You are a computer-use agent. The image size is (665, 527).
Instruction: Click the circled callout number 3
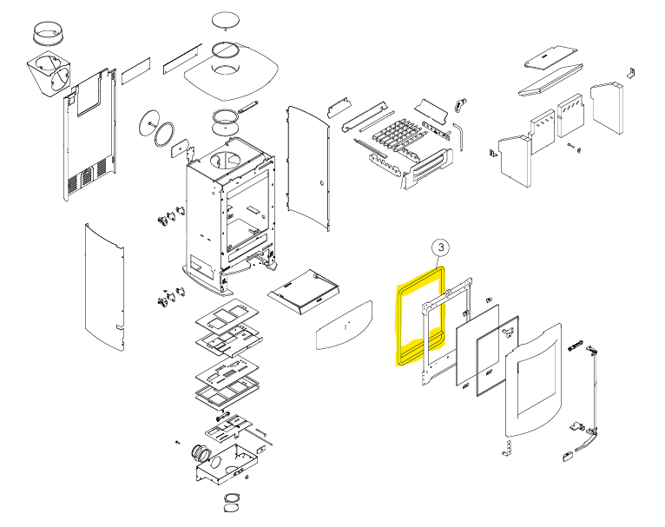point(440,248)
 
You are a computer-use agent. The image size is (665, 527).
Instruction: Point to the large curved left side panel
point(103,287)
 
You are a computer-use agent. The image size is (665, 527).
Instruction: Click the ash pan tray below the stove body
point(303,290)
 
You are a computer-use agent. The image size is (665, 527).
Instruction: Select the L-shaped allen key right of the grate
point(461,134)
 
